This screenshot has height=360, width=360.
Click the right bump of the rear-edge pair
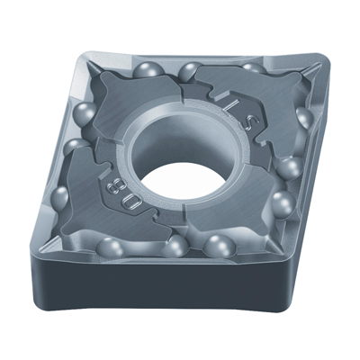pyautogui.click(x=190, y=70)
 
